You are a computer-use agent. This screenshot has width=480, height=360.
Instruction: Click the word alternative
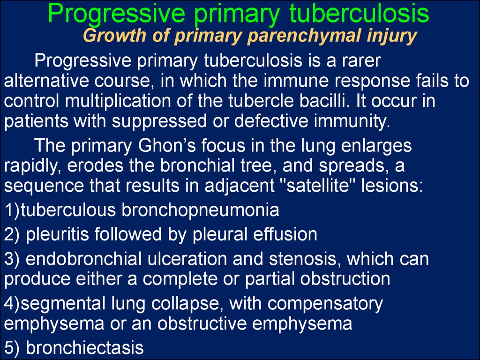(x=46, y=81)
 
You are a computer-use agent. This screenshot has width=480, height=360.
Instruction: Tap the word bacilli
(x=324, y=101)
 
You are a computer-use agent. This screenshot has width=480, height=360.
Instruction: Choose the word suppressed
(x=159, y=122)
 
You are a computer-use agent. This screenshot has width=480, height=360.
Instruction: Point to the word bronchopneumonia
(x=200, y=210)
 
